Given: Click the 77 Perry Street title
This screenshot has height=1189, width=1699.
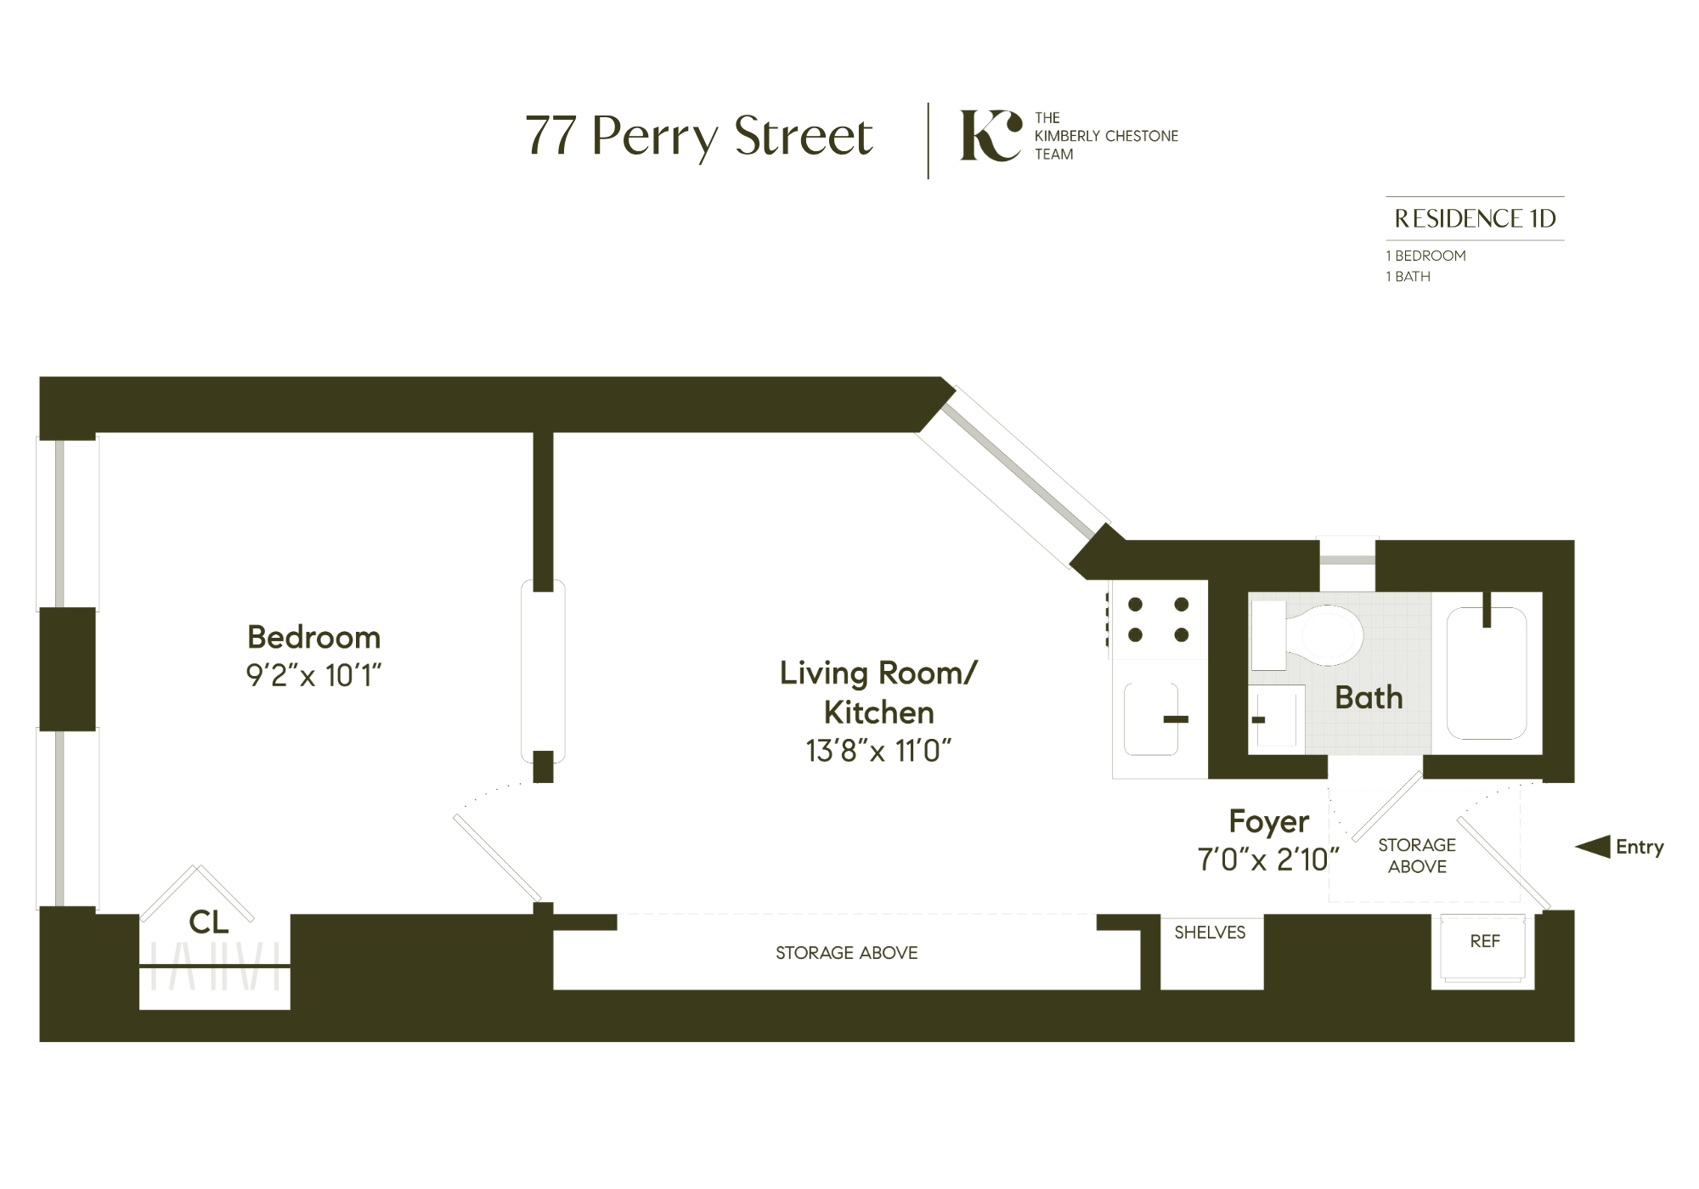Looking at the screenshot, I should coord(698,136).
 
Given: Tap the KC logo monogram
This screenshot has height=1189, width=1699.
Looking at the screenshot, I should coord(990,136).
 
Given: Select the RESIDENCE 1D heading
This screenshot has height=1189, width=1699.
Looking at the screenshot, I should coord(1475,219).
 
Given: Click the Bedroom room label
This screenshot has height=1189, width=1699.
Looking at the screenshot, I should coord(313,637).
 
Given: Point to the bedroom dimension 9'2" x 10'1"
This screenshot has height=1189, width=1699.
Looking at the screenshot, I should coord(313,676).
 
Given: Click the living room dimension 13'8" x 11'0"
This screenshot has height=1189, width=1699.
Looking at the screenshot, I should coord(878,752).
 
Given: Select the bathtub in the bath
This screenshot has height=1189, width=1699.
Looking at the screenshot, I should coord(1487,673).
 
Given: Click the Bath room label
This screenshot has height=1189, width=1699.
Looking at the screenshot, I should coord(1369,697).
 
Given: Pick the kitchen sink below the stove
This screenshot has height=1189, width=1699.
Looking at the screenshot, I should coord(1151,718).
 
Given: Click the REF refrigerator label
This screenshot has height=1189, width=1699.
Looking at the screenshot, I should coord(1485,941).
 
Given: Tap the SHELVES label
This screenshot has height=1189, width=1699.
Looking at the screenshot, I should coord(1210,933).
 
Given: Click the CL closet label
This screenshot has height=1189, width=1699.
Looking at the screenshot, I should coord(209,922).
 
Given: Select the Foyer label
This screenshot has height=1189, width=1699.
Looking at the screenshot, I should coord(1268,821).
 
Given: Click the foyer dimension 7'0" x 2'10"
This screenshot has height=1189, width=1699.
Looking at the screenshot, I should coord(1267,860).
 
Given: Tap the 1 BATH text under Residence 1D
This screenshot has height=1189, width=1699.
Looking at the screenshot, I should coord(1408,277).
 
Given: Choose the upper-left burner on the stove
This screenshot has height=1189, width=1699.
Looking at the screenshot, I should coord(1135,605).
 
